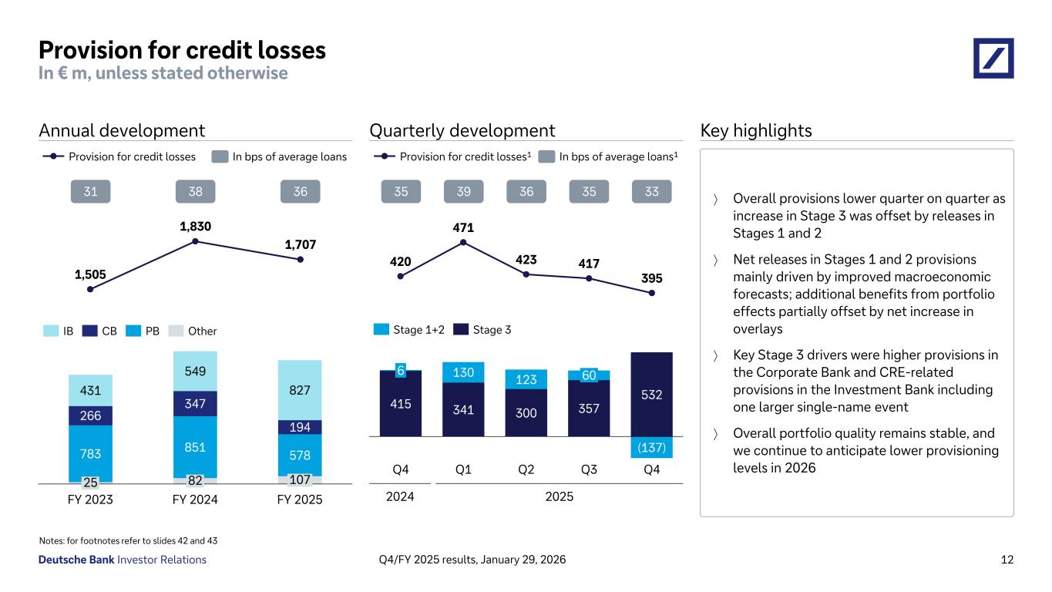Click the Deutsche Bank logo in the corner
(993, 58)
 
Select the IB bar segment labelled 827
(301, 390)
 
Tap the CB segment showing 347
(195, 403)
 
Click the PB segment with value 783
(90, 453)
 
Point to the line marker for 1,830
(195, 241)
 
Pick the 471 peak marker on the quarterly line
(463, 242)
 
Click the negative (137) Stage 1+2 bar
(651, 447)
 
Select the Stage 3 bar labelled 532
(651, 394)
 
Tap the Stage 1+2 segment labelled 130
(463, 372)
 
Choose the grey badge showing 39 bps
(463, 191)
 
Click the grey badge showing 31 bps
(90, 191)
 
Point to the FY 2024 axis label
(195, 499)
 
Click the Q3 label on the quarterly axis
(589, 469)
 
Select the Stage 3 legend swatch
(460, 330)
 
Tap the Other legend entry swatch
(176, 331)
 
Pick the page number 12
(1007, 560)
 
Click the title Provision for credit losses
(182, 50)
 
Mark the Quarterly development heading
(462, 130)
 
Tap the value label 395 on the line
(652, 277)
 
